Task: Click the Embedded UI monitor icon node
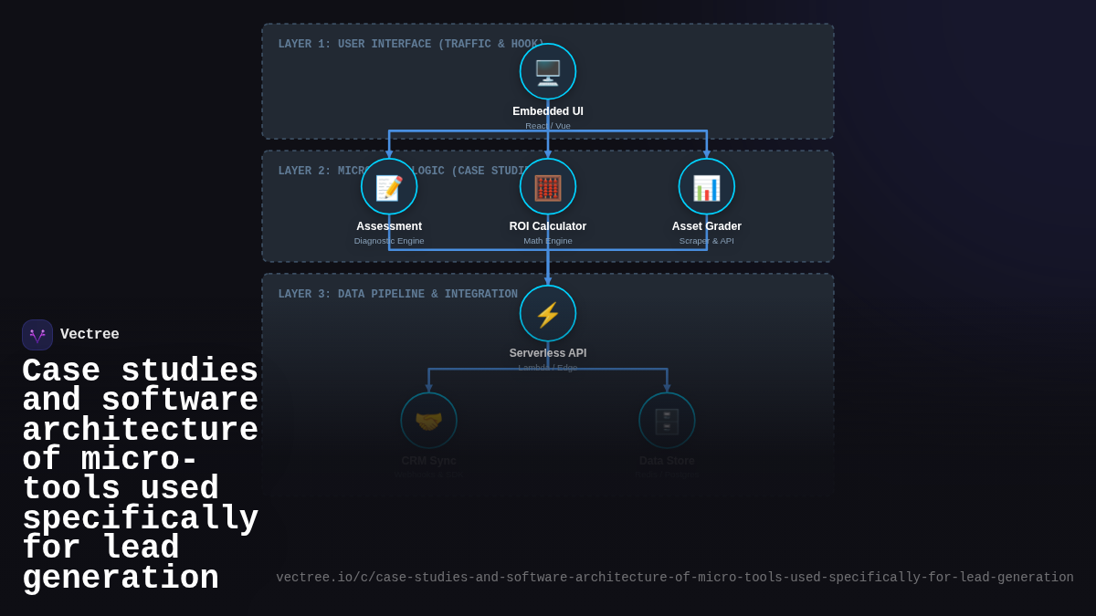(548, 71)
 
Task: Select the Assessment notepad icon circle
(389, 186)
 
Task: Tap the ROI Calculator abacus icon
(548, 186)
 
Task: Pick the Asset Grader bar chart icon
(707, 186)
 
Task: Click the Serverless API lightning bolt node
(548, 313)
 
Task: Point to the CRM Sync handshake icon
(428, 421)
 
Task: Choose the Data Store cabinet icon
(667, 421)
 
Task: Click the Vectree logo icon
(37, 335)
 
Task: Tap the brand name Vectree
(90, 335)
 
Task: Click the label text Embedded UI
(548, 111)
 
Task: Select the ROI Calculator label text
(548, 226)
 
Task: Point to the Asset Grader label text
(707, 226)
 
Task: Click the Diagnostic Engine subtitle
(389, 241)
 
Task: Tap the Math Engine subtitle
(548, 241)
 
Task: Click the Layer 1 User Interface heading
(411, 45)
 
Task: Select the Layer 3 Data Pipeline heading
(397, 295)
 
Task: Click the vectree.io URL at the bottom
(675, 578)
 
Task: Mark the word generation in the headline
(121, 579)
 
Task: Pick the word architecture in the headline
(140, 431)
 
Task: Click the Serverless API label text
(548, 353)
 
